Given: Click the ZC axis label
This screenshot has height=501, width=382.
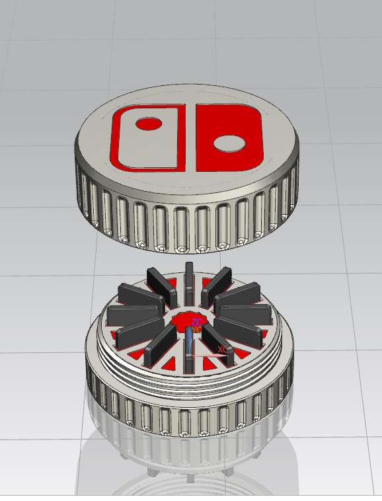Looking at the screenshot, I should tap(197, 322).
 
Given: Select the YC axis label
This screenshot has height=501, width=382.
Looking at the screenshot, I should tap(196, 329).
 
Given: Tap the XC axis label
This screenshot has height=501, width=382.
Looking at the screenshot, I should tap(223, 349).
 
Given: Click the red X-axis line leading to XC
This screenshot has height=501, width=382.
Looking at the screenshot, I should tap(208, 357).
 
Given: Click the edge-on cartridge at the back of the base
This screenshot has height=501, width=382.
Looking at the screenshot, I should tap(189, 276).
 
